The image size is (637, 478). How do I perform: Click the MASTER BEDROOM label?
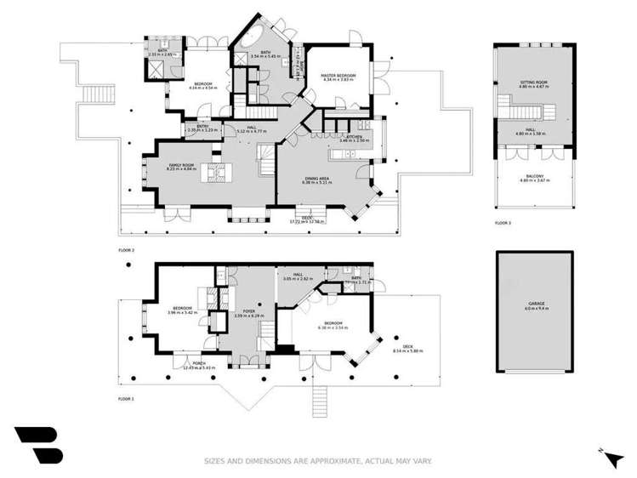click(338, 76)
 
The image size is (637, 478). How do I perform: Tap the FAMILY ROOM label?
click(182, 164)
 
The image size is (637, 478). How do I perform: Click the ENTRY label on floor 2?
click(202, 127)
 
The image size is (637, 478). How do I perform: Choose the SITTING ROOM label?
click(533, 83)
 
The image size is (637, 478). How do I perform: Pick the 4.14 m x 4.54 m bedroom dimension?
click(203, 88)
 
